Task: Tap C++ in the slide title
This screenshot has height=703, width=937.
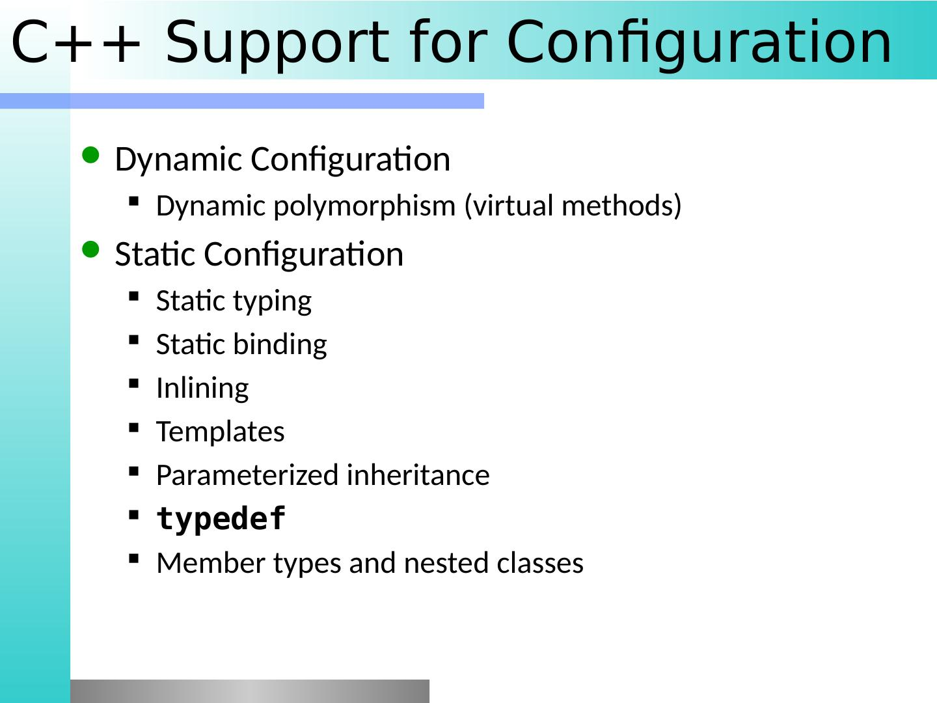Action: click(x=75, y=42)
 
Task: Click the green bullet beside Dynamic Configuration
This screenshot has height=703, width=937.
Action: click(x=90, y=155)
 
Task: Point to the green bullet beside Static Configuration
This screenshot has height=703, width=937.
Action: click(x=90, y=250)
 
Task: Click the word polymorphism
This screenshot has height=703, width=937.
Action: click(x=364, y=206)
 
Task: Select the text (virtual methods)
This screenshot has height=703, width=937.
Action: click(x=573, y=206)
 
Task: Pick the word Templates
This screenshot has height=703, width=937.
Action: click(x=221, y=432)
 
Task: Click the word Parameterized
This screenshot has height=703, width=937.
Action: click(x=248, y=475)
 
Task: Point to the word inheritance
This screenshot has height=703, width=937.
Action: click(x=418, y=475)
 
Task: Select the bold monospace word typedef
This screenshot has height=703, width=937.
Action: click(x=221, y=519)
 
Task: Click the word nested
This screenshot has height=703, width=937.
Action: click(x=446, y=562)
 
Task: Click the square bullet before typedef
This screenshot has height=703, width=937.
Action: click(x=133, y=515)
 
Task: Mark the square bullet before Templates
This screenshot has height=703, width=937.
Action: click(x=133, y=428)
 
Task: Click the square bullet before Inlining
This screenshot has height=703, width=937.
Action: click(x=133, y=384)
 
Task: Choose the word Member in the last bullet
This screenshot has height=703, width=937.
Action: click(x=211, y=562)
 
